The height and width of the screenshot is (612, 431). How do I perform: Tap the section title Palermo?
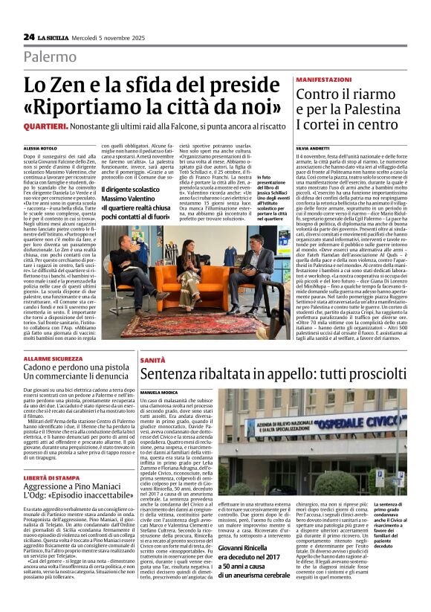tap(50, 57)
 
